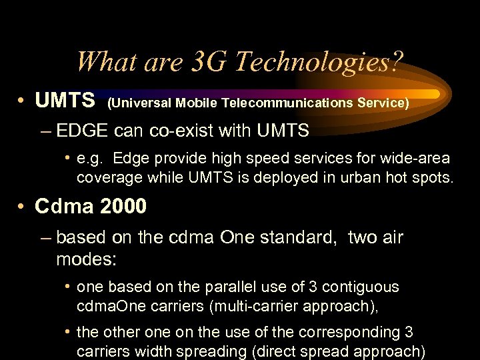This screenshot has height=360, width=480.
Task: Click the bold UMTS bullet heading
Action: [65, 101]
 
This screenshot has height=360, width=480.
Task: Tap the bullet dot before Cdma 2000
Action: [22, 207]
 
